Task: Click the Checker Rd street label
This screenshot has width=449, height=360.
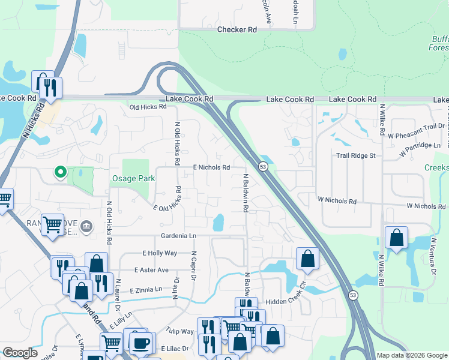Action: tap(237, 29)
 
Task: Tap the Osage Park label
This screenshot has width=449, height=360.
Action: tap(133, 178)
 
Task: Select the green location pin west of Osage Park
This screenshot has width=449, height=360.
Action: tap(60, 172)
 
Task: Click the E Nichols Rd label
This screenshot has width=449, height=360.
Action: tap(211, 167)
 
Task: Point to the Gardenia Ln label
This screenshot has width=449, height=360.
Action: tap(178, 236)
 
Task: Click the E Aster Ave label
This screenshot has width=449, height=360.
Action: tap(146, 270)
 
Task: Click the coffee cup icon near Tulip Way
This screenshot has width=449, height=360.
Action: tap(141, 343)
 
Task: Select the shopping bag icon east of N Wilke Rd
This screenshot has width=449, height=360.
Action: tap(397, 238)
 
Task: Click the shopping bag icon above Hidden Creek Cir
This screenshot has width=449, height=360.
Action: tap(307, 259)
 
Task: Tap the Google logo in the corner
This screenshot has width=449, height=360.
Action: tap(19, 353)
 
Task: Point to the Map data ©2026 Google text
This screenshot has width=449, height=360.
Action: tap(412, 355)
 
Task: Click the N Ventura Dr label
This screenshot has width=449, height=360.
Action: tap(433, 256)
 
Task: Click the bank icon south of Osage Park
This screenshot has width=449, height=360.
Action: tap(86, 226)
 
